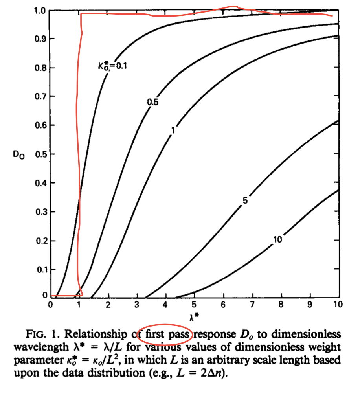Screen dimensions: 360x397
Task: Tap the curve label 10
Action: point(277,240)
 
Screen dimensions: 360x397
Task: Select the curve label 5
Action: point(245,201)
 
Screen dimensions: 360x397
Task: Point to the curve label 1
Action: point(173,130)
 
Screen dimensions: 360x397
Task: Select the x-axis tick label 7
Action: point(253,305)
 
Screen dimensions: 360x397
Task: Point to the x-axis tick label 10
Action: point(338,305)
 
